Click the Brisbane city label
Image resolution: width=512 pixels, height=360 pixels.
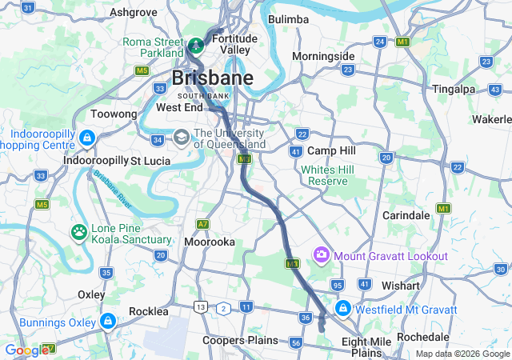click(x=203, y=79)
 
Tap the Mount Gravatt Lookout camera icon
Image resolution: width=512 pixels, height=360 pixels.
click(x=322, y=255)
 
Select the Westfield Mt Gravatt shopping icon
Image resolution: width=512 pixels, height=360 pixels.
click(x=342, y=308)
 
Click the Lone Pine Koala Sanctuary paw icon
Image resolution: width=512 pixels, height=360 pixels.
click(x=79, y=232)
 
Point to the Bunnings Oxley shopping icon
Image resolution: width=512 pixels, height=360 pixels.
click(x=107, y=322)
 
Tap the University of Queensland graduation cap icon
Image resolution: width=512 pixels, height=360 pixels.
click(x=182, y=138)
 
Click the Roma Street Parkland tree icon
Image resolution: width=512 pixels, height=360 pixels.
click(x=196, y=42)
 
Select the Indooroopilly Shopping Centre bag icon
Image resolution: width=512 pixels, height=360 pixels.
click(x=86, y=138)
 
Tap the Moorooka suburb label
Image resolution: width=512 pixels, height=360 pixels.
click(x=209, y=241)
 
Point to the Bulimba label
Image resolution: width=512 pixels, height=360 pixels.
click(x=289, y=18)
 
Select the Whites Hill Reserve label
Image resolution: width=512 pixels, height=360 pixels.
click(x=326, y=175)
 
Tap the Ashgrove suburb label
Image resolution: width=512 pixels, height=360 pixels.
click(x=133, y=12)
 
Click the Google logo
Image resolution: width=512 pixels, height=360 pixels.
click(x=27, y=350)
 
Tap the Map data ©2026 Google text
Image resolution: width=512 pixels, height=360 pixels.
click(x=462, y=354)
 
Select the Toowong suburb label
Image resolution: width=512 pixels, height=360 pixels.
click(x=114, y=114)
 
